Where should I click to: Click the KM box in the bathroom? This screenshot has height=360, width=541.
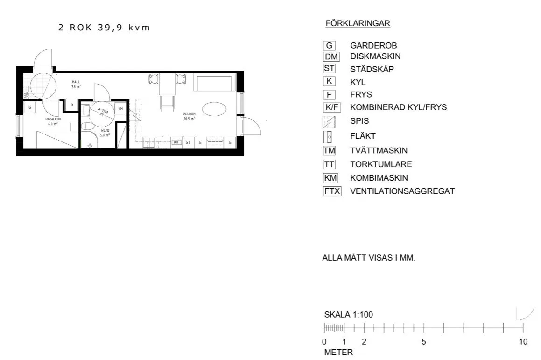point(121,109)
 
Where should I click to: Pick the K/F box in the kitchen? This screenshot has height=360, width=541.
point(176,142)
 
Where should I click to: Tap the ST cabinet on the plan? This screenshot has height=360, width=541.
point(188,142)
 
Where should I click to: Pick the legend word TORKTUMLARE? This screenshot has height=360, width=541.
point(381,164)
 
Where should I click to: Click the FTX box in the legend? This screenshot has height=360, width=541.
point(332,191)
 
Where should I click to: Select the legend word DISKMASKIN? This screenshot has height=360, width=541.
point(375,56)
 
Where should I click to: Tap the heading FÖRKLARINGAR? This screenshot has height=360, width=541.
point(358,23)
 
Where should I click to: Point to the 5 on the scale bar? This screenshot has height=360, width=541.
point(424,341)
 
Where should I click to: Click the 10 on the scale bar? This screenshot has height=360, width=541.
point(523,341)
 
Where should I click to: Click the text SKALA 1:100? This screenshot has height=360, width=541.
point(349,314)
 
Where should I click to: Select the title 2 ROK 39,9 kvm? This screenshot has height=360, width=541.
point(104,28)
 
